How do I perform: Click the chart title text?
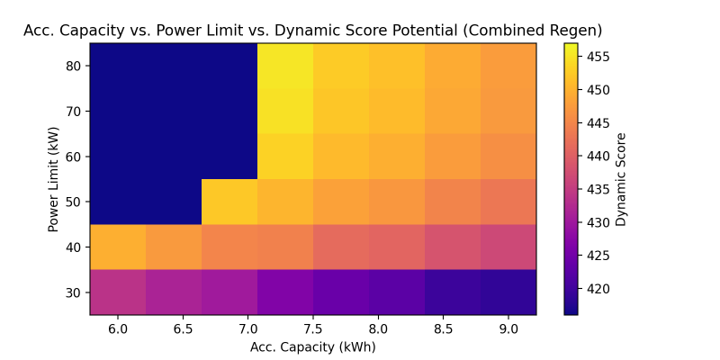click(312, 30)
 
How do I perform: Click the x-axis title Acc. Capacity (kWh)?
click(312, 346)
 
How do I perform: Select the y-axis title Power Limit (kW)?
click(54, 179)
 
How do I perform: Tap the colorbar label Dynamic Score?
click(621, 179)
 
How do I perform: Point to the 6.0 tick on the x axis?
click(118, 329)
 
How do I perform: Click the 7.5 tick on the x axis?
click(285, 329)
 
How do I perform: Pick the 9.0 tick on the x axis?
click(508, 329)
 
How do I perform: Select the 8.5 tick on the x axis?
click(453, 329)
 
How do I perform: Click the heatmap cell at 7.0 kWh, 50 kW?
click(229, 202)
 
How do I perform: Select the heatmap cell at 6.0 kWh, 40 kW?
click(118, 247)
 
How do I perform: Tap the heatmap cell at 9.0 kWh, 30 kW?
click(508, 292)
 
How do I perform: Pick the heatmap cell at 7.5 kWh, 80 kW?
click(285, 66)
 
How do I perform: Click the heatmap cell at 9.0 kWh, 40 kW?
click(508, 247)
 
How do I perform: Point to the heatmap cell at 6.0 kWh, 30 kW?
click(118, 292)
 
